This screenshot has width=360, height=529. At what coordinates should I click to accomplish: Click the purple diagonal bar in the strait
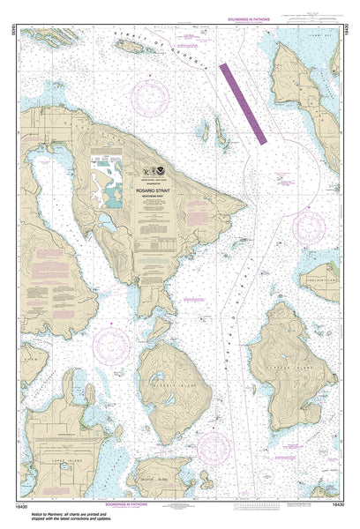point(244,102)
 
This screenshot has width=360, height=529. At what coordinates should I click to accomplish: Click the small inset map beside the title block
point(111,181)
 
